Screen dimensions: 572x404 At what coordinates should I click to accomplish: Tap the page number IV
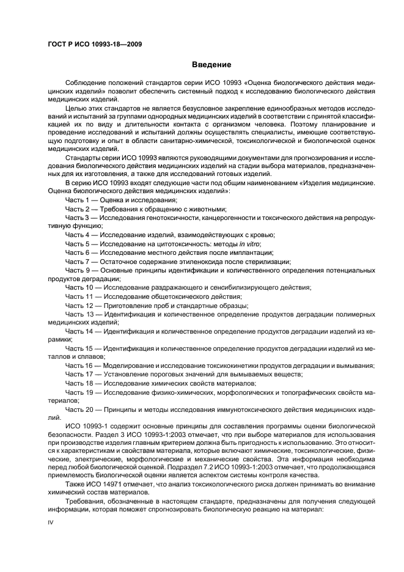coord(51,522)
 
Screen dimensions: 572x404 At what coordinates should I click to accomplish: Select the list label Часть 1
coord(77,200)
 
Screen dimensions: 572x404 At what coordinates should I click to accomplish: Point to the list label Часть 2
coord(77,208)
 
